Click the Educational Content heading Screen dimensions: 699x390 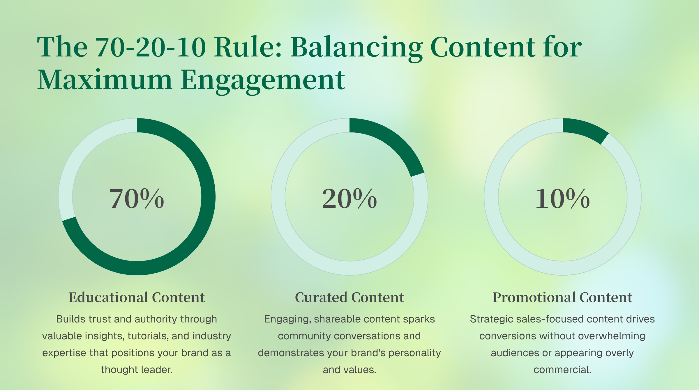pyautogui.click(x=137, y=297)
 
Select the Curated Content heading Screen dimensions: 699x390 pyautogui.click(x=349, y=297)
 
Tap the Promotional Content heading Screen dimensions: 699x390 pyautogui.click(x=562, y=297)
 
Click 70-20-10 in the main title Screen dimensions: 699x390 pyautogui.click(x=151, y=47)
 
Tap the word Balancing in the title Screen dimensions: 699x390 pyautogui.click(x=356, y=48)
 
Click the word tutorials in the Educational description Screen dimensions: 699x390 pyautogui.click(x=148, y=336)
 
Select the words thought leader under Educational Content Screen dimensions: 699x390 pyautogui.click(x=137, y=370)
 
